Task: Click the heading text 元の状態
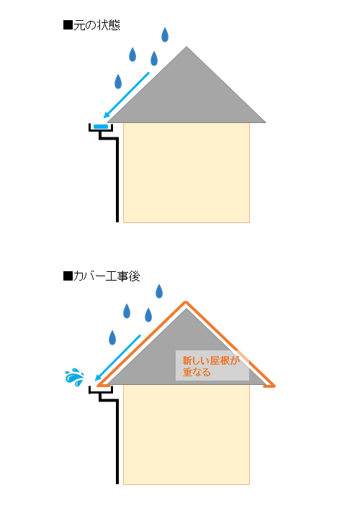pos(96,25)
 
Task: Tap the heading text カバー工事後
pos(107,276)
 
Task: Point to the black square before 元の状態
pos(68,25)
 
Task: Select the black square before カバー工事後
pos(68,276)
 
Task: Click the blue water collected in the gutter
pos(101,127)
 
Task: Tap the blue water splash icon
pos(74,377)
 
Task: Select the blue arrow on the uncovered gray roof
pos(126,95)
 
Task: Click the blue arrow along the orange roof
pos(117,358)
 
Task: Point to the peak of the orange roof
pos(186,302)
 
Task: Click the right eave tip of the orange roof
pos(274,386)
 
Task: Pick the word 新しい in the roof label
pos(197,360)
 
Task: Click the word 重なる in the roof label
pos(197,373)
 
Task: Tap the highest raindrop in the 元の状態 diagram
pos(165,35)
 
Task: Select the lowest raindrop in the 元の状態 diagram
pos(118,81)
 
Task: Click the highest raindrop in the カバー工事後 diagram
pos(159,291)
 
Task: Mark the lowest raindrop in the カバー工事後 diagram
pos(112,337)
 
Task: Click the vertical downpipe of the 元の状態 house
pos(117,180)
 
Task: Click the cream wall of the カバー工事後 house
pos(186,435)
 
